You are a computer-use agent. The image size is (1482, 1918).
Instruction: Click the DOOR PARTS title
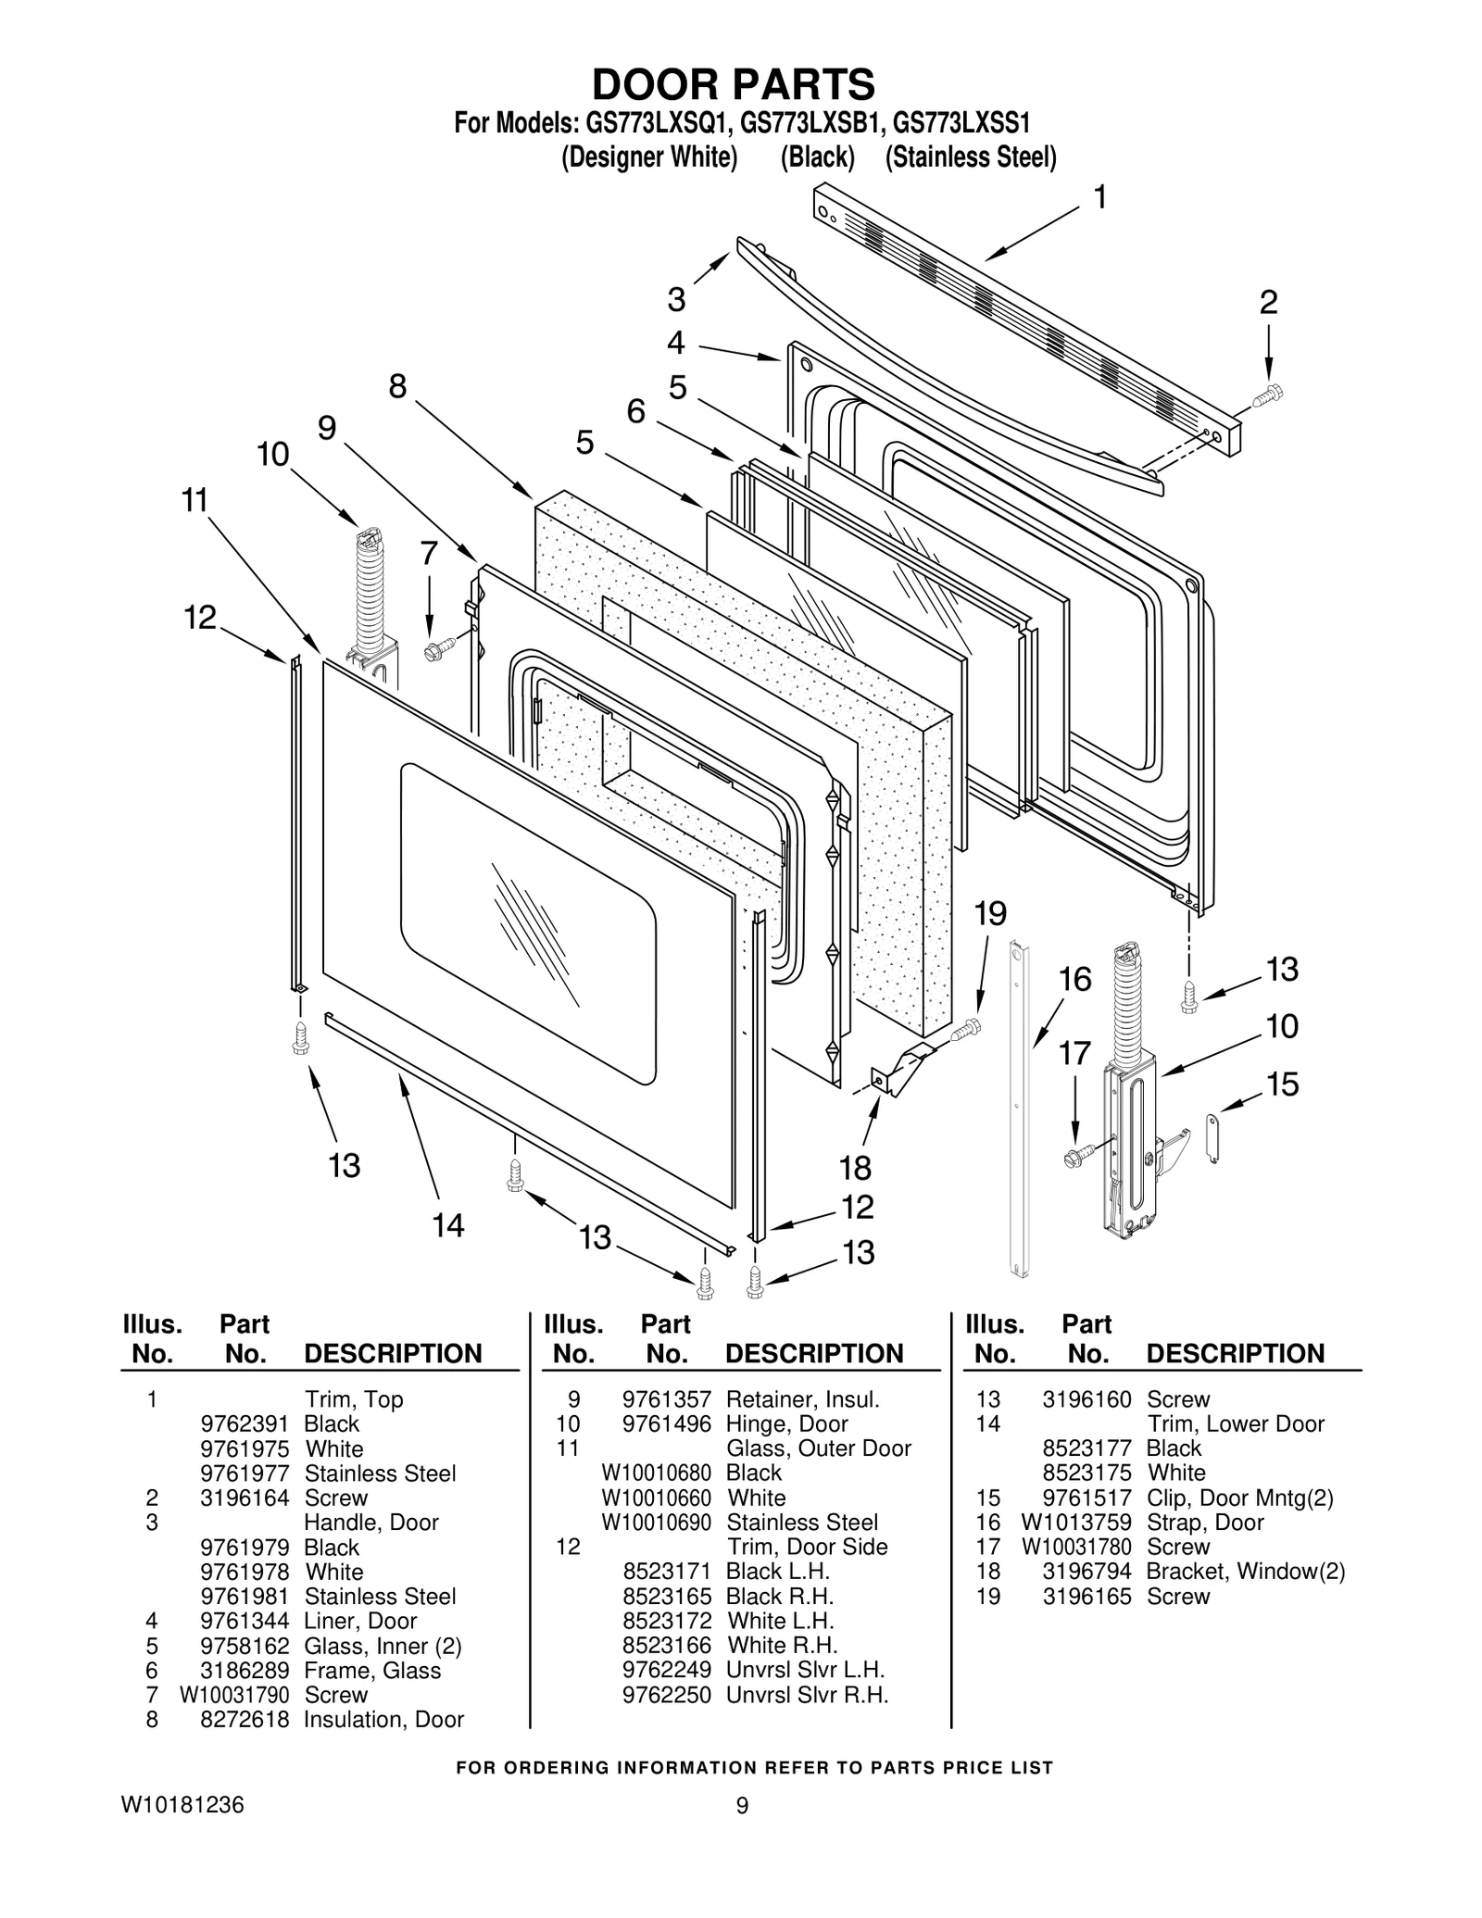point(733,84)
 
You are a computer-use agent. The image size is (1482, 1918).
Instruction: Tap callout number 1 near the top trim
point(1099,197)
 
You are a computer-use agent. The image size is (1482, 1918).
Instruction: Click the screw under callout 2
point(1266,396)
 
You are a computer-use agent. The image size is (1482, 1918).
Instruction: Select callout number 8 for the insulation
point(397,386)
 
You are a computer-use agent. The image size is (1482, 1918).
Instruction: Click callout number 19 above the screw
point(990,913)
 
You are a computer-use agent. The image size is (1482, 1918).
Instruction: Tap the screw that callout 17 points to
point(1078,1155)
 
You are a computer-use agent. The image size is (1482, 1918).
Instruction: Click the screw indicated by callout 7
point(437,647)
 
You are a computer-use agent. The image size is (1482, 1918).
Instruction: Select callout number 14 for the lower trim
point(448,1225)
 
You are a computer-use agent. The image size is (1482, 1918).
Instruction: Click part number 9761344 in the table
point(245,1621)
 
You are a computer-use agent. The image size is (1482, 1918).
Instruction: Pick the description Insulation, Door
point(383,1719)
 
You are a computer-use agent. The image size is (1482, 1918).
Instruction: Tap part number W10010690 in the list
point(656,1523)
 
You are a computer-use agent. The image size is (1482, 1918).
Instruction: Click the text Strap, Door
point(1204,1523)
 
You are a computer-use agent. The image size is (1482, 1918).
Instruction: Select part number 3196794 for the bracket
point(1086,1572)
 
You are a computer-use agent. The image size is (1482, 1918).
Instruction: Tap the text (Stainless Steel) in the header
point(970,157)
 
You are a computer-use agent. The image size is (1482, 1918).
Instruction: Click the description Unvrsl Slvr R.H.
point(807,1695)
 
